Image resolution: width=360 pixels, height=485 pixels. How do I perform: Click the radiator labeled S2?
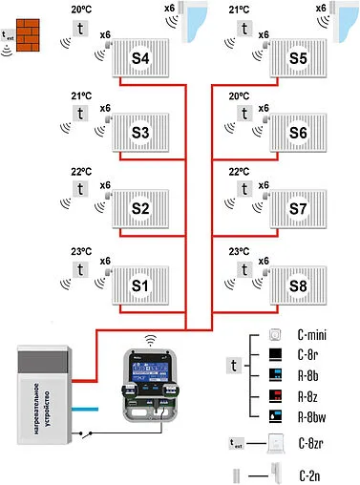pyautogui.click(x=141, y=208)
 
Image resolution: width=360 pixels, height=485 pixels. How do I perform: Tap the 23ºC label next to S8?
pyautogui.click(x=240, y=252)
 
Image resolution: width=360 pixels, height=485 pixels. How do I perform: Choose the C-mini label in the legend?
pyautogui.click(x=312, y=336)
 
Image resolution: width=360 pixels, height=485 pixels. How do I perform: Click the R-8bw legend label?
pyautogui.click(x=314, y=416)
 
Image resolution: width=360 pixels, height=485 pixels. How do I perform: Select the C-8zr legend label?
pyautogui.click(x=313, y=443)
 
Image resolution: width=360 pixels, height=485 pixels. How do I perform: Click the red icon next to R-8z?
pyautogui.click(x=275, y=396)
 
